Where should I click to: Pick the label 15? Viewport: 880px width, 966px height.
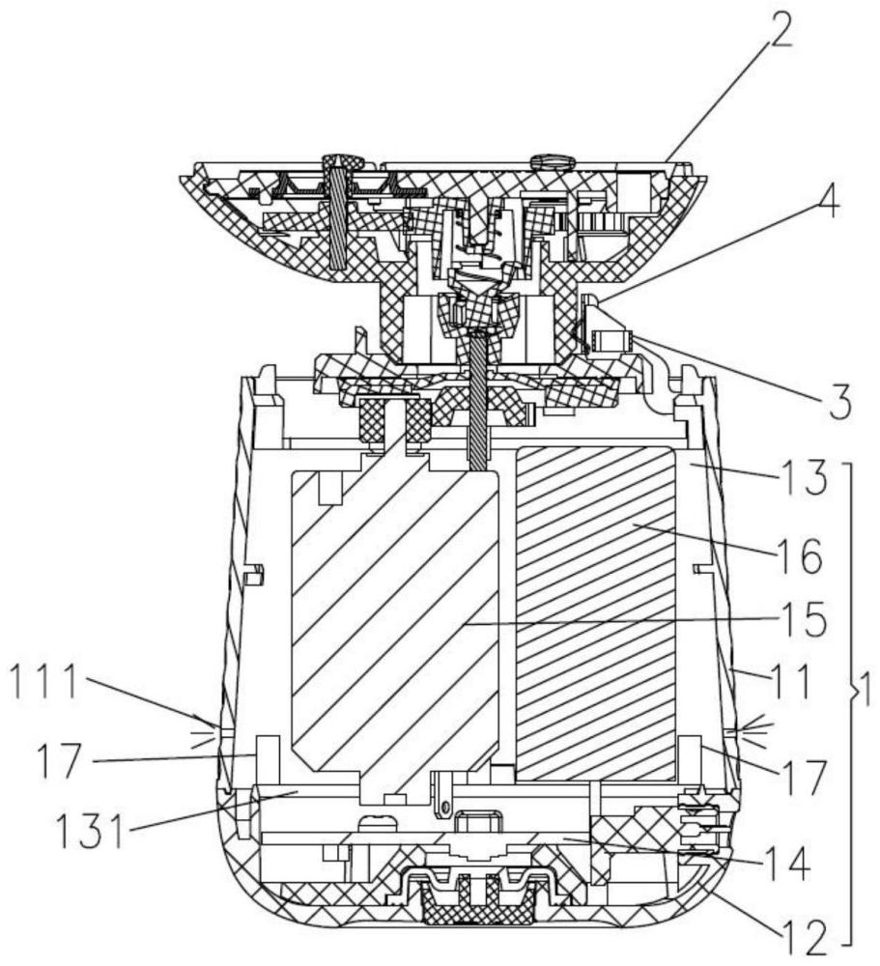tap(801, 618)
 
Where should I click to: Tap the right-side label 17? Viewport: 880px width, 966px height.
tap(802, 778)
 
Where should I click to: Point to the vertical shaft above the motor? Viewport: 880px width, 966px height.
tap(477, 401)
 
